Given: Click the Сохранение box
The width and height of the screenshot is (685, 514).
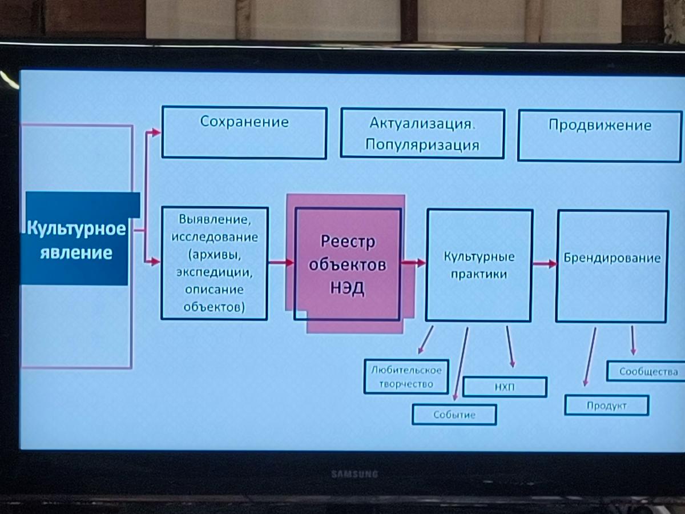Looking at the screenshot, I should pyautogui.click(x=244, y=132).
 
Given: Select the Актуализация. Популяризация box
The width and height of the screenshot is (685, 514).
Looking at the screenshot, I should pyautogui.click(x=422, y=133).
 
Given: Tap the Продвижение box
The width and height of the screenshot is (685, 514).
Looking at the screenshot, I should pyautogui.click(x=599, y=135).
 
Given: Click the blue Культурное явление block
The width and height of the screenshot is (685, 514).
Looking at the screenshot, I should pyautogui.click(x=76, y=239).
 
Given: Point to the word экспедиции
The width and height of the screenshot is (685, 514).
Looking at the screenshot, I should pyautogui.click(x=214, y=272).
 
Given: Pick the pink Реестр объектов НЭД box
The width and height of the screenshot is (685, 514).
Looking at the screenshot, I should pyautogui.click(x=348, y=264).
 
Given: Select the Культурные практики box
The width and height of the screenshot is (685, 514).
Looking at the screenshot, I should pyautogui.click(x=479, y=265).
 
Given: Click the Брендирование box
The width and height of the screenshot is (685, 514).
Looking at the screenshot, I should pyautogui.click(x=612, y=266).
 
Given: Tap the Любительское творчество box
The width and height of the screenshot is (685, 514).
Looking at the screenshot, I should pyautogui.click(x=406, y=376).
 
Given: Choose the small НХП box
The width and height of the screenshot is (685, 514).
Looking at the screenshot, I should pyautogui.click(x=505, y=387).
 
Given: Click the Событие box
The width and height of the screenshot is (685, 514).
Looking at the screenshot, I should pyautogui.click(x=454, y=415).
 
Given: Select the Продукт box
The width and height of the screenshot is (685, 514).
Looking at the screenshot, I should pyautogui.click(x=606, y=405).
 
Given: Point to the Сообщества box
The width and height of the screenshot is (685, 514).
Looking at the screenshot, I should pyautogui.click(x=648, y=372).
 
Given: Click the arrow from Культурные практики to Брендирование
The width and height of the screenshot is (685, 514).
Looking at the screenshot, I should pyautogui.click(x=544, y=264).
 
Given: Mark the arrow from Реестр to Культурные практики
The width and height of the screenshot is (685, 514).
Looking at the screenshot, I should pyautogui.click(x=413, y=263).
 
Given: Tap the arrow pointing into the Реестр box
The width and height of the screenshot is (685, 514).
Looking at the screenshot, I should pyautogui.click(x=280, y=263).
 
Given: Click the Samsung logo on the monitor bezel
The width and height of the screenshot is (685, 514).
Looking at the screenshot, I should pyautogui.click(x=354, y=474).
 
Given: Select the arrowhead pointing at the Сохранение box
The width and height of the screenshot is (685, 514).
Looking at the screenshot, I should pyautogui.click(x=155, y=132).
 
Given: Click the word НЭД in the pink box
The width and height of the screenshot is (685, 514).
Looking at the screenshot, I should pyautogui.click(x=347, y=289).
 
